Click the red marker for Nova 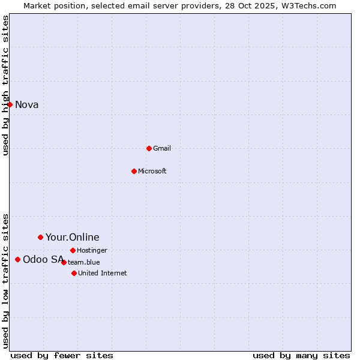pyautogui.click(x=10, y=104)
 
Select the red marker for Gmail pyautogui.click(x=149, y=148)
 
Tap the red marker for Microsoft pyautogui.click(x=134, y=171)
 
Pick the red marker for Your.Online pyautogui.click(x=40, y=237)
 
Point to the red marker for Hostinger pyautogui.click(x=73, y=250)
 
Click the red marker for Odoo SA pyautogui.click(x=17, y=259)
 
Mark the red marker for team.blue pyautogui.click(x=64, y=262)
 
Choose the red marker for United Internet pyautogui.click(x=74, y=273)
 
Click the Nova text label pyautogui.click(x=27, y=105)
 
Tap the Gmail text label pyautogui.click(x=162, y=148)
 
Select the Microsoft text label pyautogui.click(x=152, y=171)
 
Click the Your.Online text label pyautogui.click(x=73, y=238)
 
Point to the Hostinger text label pyautogui.click(x=92, y=250)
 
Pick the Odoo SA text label pyautogui.click(x=43, y=260)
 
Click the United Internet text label pyautogui.click(x=102, y=273)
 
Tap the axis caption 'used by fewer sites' pyautogui.click(x=62, y=355)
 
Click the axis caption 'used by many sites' pyautogui.click(x=301, y=355)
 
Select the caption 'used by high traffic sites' pyautogui.click(x=6, y=85)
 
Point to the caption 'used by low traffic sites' pyautogui.click(x=6, y=281)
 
